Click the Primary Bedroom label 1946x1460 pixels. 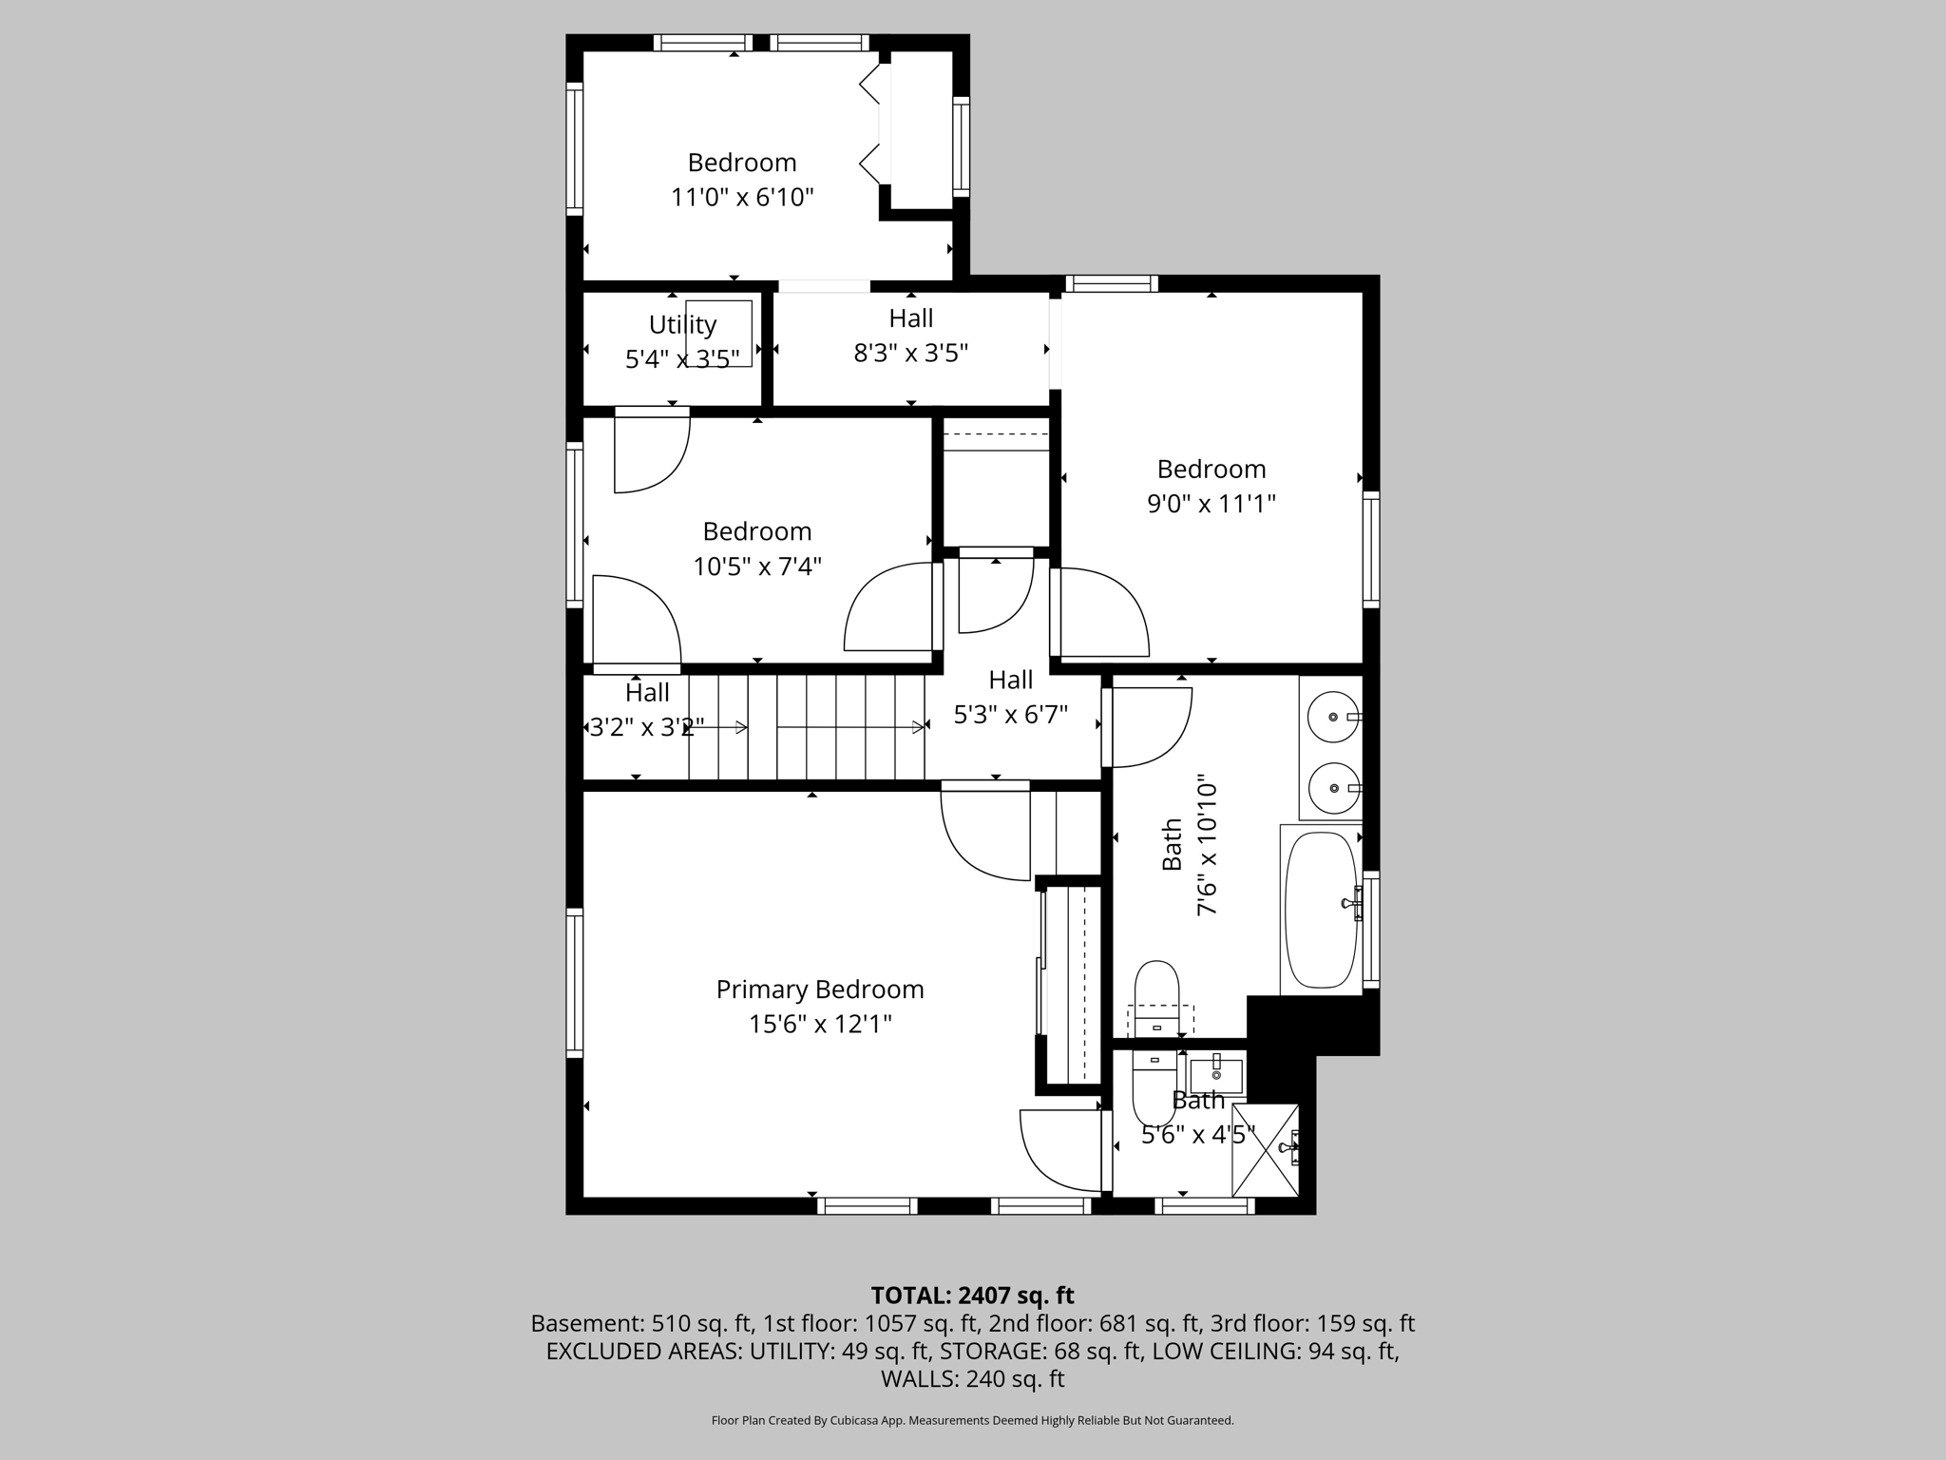click(819, 989)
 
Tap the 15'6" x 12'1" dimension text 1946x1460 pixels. click(819, 1025)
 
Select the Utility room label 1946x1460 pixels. click(682, 325)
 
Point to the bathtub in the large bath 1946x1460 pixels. click(1321, 910)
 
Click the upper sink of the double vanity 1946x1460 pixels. click(1333, 717)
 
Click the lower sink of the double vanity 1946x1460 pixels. click(1333, 788)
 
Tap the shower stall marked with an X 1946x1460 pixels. click(1265, 1149)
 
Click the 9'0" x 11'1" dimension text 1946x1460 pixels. click(1211, 504)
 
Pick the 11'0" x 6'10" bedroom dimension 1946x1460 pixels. click(742, 198)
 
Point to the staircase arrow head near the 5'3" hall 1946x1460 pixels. click(918, 727)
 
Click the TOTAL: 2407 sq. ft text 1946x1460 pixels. click(972, 1296)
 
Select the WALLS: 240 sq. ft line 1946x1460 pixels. click(972, 1378)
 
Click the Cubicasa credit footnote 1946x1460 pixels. click(972, 1420)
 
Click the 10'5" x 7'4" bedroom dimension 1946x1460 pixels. click(756, 567)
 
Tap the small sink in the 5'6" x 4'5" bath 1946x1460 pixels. click(1216, 1076)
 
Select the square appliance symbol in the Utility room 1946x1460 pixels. click(719, 334)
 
